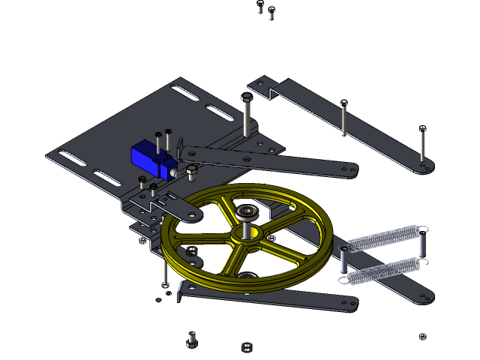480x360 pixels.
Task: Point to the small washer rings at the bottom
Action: [x=247, y=346]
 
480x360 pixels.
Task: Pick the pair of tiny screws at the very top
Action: [x=265, y=12]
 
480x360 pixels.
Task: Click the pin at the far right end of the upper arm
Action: [x=423, y=146]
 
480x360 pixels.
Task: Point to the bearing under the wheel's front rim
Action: [x=247, y=275]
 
